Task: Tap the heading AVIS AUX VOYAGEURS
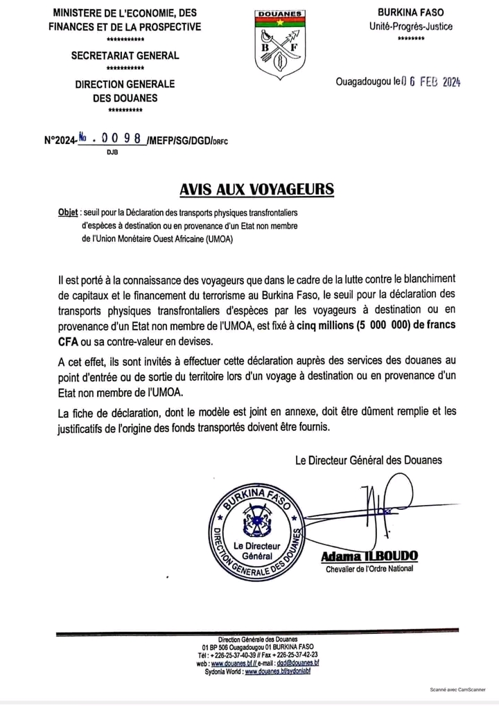(256, 190)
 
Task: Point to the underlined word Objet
(68, 213)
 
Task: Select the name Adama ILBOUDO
(369, 556)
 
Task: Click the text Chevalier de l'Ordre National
(369, 569)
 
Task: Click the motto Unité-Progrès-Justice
(410, 26)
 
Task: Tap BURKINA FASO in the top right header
(410, 12)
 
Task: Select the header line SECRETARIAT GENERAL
(125, 55)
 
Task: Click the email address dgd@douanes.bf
(297, 663)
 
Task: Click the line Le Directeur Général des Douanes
(368, 459)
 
